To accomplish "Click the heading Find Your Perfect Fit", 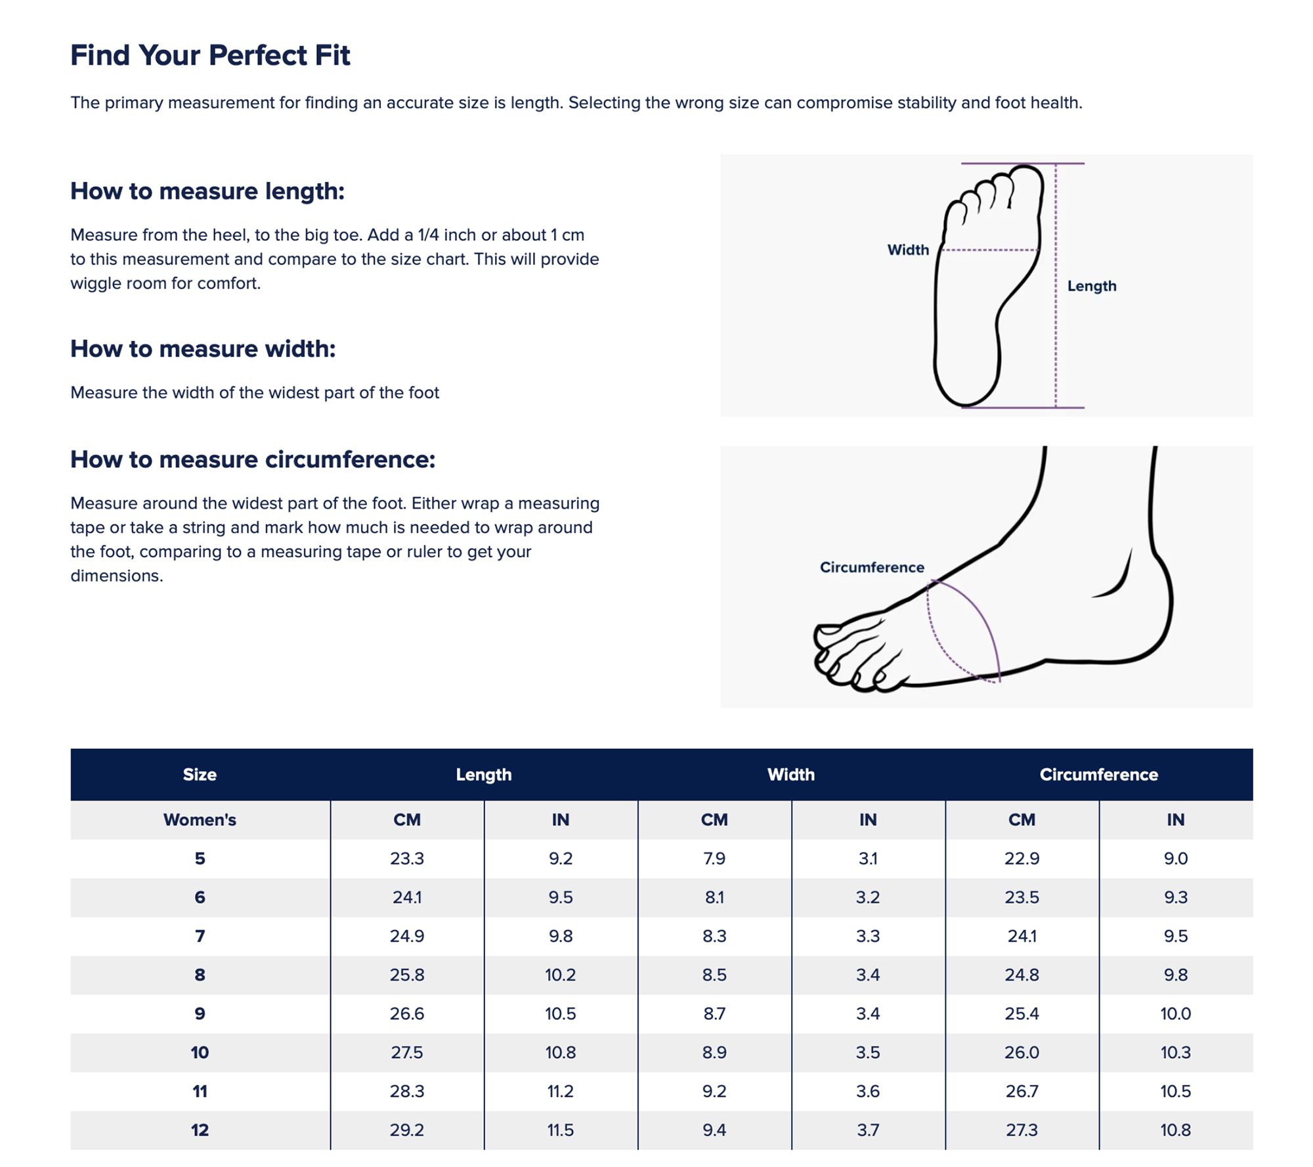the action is (x=210, y=55).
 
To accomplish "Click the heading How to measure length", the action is (x=207, y=191).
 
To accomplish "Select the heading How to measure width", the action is (x=203, y=349).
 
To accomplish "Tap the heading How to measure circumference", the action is (x=253, y=459).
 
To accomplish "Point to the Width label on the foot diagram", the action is (x=908, y=250).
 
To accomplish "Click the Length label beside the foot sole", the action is (x=1092, y=286).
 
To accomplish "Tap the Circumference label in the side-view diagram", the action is (x=872, y=567).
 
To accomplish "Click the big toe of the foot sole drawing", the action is (x=1027, y=187).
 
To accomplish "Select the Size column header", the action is (x=200, y=774).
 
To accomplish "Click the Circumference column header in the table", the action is (x=1099, y=774).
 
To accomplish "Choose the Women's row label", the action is (x=200, y=820).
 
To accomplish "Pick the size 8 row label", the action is (x=200, y=975).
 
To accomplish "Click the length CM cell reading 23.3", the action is (x=407, y=859).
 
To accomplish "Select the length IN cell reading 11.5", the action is (x=561, y=1130).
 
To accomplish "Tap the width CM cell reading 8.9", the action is (x=714, y=1052).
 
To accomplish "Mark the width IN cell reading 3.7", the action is (x=868, y=1130).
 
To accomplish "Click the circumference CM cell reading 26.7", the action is (x=1022, y=1091).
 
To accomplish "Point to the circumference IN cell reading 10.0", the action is (x=1175, y=1013).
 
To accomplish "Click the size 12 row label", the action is (x=200, y=1130).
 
